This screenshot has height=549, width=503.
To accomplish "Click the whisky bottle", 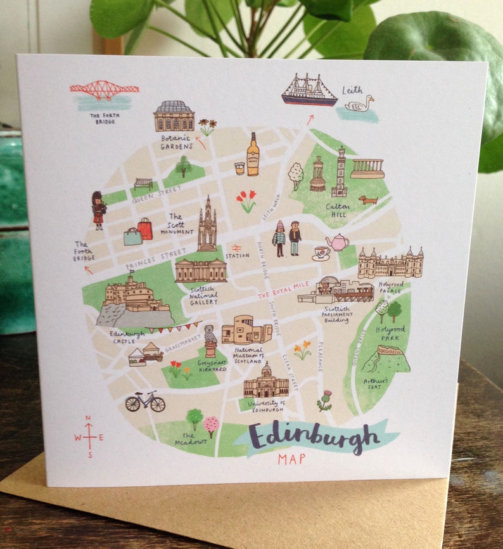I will coord(253,154).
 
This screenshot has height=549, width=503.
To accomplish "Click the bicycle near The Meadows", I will coord(145,401).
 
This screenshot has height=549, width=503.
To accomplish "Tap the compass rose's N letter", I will coord(88,418).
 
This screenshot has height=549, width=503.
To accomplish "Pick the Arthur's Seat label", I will coord(377,384).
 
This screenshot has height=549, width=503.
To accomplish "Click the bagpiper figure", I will coord(98,210).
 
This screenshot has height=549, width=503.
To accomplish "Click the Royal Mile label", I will coord(283,291).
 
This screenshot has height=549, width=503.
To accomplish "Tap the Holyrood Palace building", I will coord(390,264).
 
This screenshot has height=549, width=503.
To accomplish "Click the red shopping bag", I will coord(146,228).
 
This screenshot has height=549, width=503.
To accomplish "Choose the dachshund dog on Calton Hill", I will coord(367,200).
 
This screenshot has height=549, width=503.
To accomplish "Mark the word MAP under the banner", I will coord(291,459).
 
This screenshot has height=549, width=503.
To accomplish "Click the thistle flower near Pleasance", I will coord(325,401).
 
